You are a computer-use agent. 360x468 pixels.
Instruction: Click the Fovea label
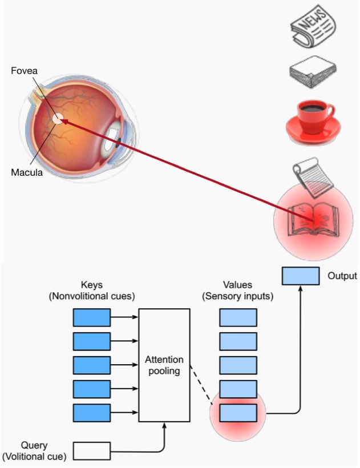coord(24,71)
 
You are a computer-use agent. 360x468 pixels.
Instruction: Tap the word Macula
coord(27,172)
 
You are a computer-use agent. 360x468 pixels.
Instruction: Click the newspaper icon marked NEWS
coord(313,26)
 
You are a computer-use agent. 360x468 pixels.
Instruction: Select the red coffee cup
coord(313,122)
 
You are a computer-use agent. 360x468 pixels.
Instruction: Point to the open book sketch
coord(313,219)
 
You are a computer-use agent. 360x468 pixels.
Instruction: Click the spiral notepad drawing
coord(313,177)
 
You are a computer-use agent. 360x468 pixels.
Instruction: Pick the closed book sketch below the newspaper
coord(313,72)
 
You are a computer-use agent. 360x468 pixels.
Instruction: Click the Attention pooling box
coord(164,365)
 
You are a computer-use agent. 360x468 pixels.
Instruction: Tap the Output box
coord(301,276)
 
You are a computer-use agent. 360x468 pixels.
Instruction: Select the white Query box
coord(91,451)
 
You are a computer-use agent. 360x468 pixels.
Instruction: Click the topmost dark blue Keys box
coord(91,317)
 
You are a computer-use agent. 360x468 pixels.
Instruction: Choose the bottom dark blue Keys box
coord(91,413)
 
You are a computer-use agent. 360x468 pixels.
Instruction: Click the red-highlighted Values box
coord(238,413)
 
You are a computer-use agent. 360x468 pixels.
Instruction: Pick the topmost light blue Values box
coord(238,317)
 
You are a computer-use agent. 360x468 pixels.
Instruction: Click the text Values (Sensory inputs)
coord(238,291)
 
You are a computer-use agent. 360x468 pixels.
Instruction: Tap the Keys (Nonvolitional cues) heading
coord(92,291)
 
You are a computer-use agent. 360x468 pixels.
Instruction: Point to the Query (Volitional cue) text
coord(34,451)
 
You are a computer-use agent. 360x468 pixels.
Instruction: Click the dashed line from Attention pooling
coord(201,385)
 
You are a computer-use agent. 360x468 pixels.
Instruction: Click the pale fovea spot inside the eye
coord(58,119)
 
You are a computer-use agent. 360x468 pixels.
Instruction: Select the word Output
coord(342,276)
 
